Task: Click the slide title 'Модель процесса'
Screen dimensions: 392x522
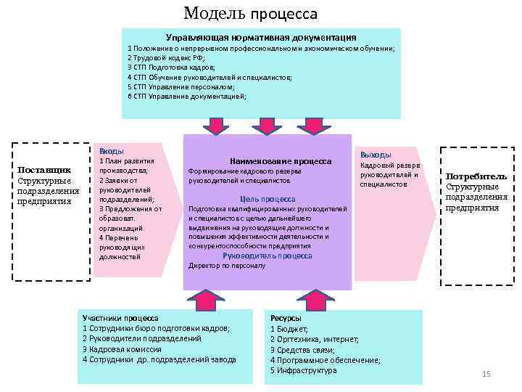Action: [x=250, y=13]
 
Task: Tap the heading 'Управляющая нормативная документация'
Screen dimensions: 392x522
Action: [x=261, y=36]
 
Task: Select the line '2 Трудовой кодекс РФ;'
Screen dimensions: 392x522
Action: [x=166, y=57]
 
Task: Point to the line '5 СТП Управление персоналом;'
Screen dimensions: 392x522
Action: [x=181, y=86]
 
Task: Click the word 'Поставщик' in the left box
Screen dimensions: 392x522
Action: [x=43, y=170]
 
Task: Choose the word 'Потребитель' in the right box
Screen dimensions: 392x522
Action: [x=476, y=176]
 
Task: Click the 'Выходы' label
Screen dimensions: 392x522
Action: [x=376, y=155]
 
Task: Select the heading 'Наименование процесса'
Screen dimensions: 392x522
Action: [x=280, y=161]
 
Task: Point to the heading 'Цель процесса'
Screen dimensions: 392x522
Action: [x=268, y=199]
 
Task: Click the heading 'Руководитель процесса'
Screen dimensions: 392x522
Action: [x=268, y=256]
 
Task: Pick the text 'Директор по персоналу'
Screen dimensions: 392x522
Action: [x=227, y=266]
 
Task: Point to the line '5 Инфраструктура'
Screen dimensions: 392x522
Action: [x=303, y=370]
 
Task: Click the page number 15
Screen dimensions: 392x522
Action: [x=486, y=374]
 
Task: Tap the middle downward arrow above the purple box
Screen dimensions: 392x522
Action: [x=268, y=126]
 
